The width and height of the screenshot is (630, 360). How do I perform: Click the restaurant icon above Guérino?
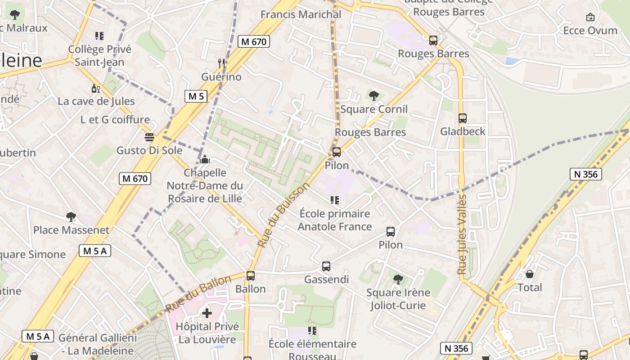[x=221, y=63]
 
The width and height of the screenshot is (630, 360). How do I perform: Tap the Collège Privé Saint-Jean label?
[x=100, y=56]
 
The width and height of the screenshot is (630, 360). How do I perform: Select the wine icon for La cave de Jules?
[x=95, y=88]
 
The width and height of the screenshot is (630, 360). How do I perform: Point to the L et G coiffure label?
[x=115, y=120]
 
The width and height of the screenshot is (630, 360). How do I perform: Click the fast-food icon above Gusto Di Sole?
[x=149, y=137]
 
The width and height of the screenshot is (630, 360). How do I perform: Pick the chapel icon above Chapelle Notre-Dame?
[x=205, y=159]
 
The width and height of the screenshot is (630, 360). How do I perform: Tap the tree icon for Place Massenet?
[x=71, y=217]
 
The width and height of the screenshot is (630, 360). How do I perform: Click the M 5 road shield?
[x=196, y=96]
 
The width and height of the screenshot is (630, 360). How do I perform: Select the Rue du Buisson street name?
[x=283, y=215]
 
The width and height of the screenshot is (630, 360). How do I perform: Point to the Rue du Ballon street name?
[x=198, y=293]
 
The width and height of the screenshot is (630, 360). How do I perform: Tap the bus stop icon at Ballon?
[x=251, y=275]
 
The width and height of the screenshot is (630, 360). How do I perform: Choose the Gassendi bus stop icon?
[x=326, y=266]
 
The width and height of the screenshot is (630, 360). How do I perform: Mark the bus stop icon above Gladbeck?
[x=463, y=118]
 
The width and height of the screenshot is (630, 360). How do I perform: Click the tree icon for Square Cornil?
[x=373, y=95]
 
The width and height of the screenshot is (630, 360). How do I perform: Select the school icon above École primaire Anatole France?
[x=334, y=200]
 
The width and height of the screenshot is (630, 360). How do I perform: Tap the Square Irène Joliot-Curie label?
[x=398, y=299]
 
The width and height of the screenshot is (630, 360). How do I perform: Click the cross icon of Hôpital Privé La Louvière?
[x=207, y=313]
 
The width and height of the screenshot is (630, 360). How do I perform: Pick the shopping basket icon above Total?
[x=530, y=274]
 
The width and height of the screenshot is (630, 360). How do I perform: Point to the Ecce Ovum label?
[x=590, y=31]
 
